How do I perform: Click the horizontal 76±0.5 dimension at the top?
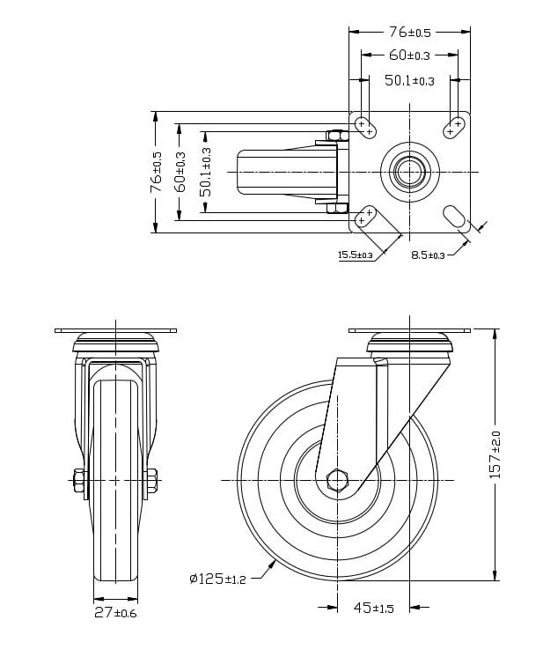click(x=409, y=33)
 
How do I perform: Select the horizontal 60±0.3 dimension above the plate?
click(x=409, y=55)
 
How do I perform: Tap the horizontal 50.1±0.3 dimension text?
click(x=409, y=81)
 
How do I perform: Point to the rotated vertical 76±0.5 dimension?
click(x=157, y=172)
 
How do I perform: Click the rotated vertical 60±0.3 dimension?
click(x=180, y=172)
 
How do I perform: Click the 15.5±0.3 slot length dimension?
click(x=356, y=255)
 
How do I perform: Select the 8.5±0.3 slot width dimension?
click(x=428, y=255)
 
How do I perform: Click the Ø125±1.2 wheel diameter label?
click(x=216, y=579)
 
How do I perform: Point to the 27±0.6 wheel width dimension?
click(x=115, y=612)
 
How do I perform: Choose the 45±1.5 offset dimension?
click(x=374, y=609)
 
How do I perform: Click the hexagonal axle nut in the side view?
click(x=337, y=481)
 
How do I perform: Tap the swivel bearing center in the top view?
click(x=408, y=171)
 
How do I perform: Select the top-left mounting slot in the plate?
click(x=365, y=128)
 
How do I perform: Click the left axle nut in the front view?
click(x=80, y=481)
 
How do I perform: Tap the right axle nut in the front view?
click(x=150, y=481)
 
